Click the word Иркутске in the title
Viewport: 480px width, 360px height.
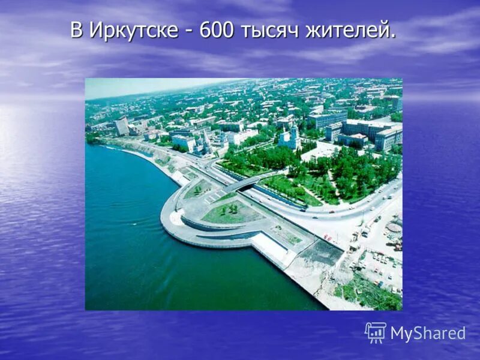133,30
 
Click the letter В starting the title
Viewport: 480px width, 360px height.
76,30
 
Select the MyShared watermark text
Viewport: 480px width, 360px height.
428,334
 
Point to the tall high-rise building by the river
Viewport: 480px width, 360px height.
122,125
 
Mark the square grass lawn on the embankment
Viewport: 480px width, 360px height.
231,212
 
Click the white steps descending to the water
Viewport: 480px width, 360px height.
270,248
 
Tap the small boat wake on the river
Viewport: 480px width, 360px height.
111,148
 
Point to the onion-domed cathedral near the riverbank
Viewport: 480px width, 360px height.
204,144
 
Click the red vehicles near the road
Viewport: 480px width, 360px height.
328,238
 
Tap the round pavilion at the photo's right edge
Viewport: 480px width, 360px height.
394,227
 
